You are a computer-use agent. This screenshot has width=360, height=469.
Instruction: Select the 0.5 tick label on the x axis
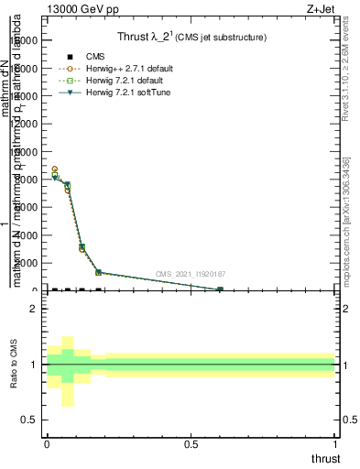coord(191,444)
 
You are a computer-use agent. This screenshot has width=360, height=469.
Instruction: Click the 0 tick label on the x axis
coord(47,444)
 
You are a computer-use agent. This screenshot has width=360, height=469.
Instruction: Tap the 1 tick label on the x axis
coord(335,444)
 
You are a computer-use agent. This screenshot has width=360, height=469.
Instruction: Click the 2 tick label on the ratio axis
coord(33,309)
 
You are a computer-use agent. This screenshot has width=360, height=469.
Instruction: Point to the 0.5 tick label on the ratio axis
coord(29,420)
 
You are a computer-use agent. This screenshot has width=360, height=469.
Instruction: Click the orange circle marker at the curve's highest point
coord(55,169)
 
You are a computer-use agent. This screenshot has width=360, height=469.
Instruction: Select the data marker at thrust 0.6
coord(220,289)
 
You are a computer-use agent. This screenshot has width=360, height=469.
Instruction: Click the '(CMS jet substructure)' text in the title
coord(221,38)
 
